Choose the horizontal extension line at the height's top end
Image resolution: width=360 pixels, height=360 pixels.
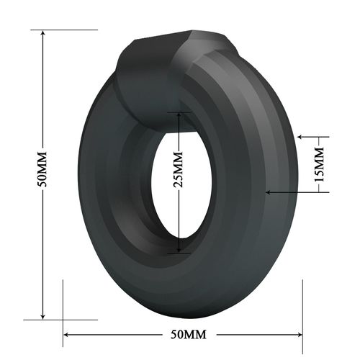[x=65, y=30]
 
